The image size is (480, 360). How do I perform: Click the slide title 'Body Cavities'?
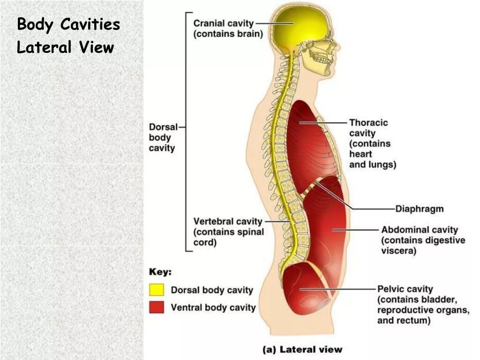point(68,24)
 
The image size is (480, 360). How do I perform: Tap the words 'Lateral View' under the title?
point(65,47)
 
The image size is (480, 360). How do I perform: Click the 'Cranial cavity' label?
point(224,23)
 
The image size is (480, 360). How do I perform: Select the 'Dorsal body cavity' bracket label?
point(162,137)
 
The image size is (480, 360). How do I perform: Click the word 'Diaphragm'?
point(419,209)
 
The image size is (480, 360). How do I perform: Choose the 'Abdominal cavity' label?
point(419,230)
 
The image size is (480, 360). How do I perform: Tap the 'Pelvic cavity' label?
point(405,289)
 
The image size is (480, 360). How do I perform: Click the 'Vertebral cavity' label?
point(228,221)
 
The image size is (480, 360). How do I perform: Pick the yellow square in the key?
point(157,290)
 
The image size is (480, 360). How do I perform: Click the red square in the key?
point(157,307)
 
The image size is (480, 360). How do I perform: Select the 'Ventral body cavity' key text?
point(213,307)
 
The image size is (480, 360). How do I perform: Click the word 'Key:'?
point(160,272)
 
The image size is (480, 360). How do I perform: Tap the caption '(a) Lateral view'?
point(302,349)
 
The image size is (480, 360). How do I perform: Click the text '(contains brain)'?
point(228,34)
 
